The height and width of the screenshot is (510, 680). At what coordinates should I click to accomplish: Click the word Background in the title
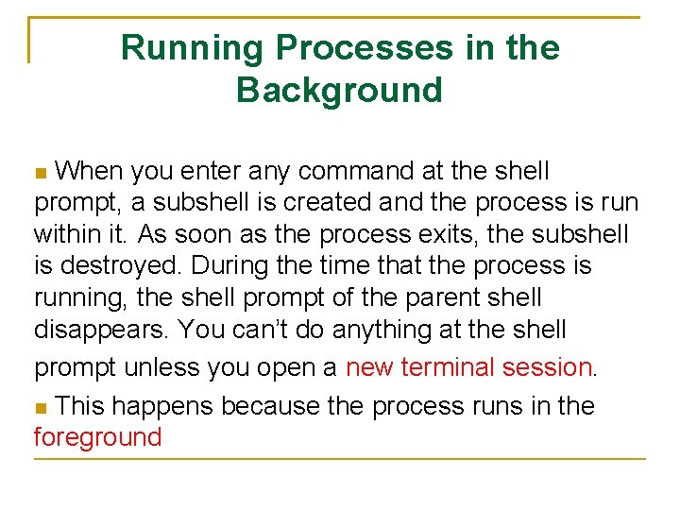pyautogui.click(x=339, y=90)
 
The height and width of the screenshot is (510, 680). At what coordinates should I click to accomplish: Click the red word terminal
pyautogui.click(x=448, y=366)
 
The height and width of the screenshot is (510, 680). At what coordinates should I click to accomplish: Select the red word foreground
pyautogui.click(x=98, y=437)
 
